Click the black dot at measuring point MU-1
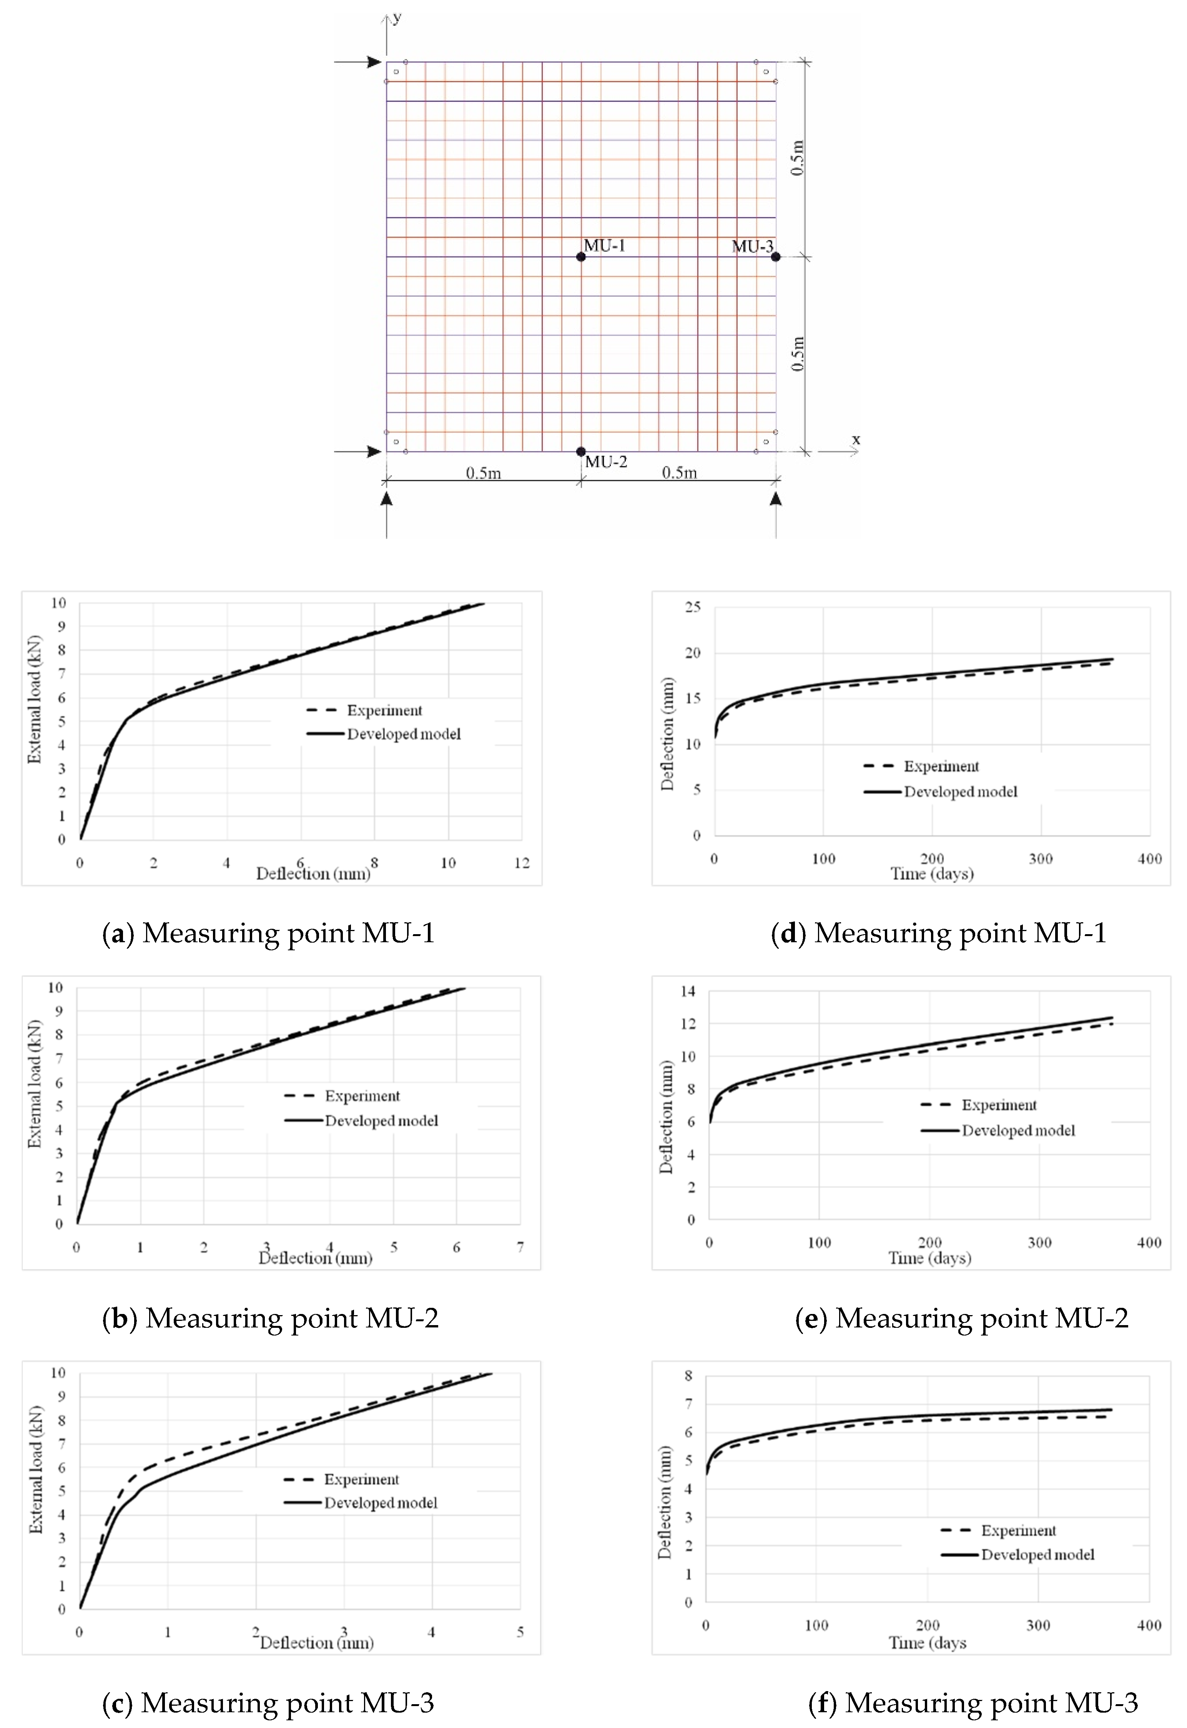(x=581, y=257)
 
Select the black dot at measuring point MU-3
(x=776, y=257)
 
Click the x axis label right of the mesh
(x=856, y=440)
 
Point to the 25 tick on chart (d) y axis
(x=692, y=607)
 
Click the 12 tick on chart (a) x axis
(x=521, y=863)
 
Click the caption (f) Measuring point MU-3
(x=973, y=1702)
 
